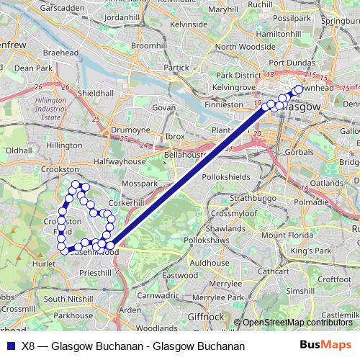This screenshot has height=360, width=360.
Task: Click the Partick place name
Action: tap(176, 68)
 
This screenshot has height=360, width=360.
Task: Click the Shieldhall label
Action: tap(95, 94)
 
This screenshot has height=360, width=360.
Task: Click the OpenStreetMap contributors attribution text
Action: tap(295, 323)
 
